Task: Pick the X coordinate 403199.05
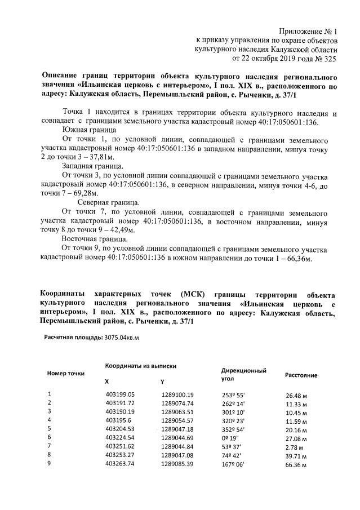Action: click(x=121, y=394)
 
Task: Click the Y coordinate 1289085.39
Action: click(x=177, y=464)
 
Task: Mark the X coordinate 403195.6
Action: click(x=118, y=420)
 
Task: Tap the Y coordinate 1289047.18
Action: click(x=177, y=429)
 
